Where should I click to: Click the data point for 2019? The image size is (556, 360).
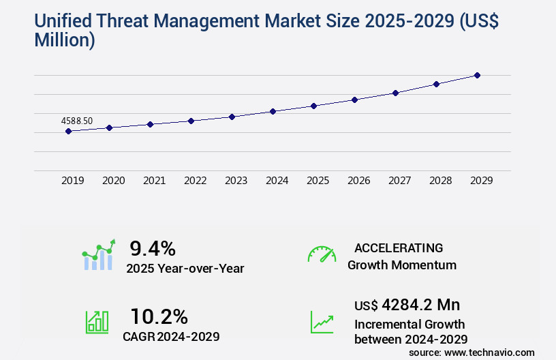(x=68, y=131)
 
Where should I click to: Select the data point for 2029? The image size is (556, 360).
(x=477, y=75)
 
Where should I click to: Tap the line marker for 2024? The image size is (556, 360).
(x=273, y=111)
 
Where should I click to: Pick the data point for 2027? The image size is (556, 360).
(x=395, y=93)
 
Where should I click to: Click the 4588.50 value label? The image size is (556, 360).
(x=77, y=121)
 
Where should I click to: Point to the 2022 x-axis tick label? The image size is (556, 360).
(x=195, y=181)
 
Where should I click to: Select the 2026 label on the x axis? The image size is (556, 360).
(x=358, y=181)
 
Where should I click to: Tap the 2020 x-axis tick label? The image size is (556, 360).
(x=113, y=181)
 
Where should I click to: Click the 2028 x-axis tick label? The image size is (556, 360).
(x=440, y=181)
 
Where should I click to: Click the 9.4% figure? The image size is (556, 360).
(x=153, y=248)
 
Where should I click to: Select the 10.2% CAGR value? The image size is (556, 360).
(x=159, y=316)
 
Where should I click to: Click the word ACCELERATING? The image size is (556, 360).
(x=399, y=248)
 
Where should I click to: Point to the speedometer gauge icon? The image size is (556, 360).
(x=322, y=254)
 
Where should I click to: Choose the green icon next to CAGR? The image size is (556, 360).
(x=97, y=322)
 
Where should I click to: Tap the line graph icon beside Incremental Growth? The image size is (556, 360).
(x=322, y=322)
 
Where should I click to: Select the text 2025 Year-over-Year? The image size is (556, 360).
(x=185, y=269)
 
